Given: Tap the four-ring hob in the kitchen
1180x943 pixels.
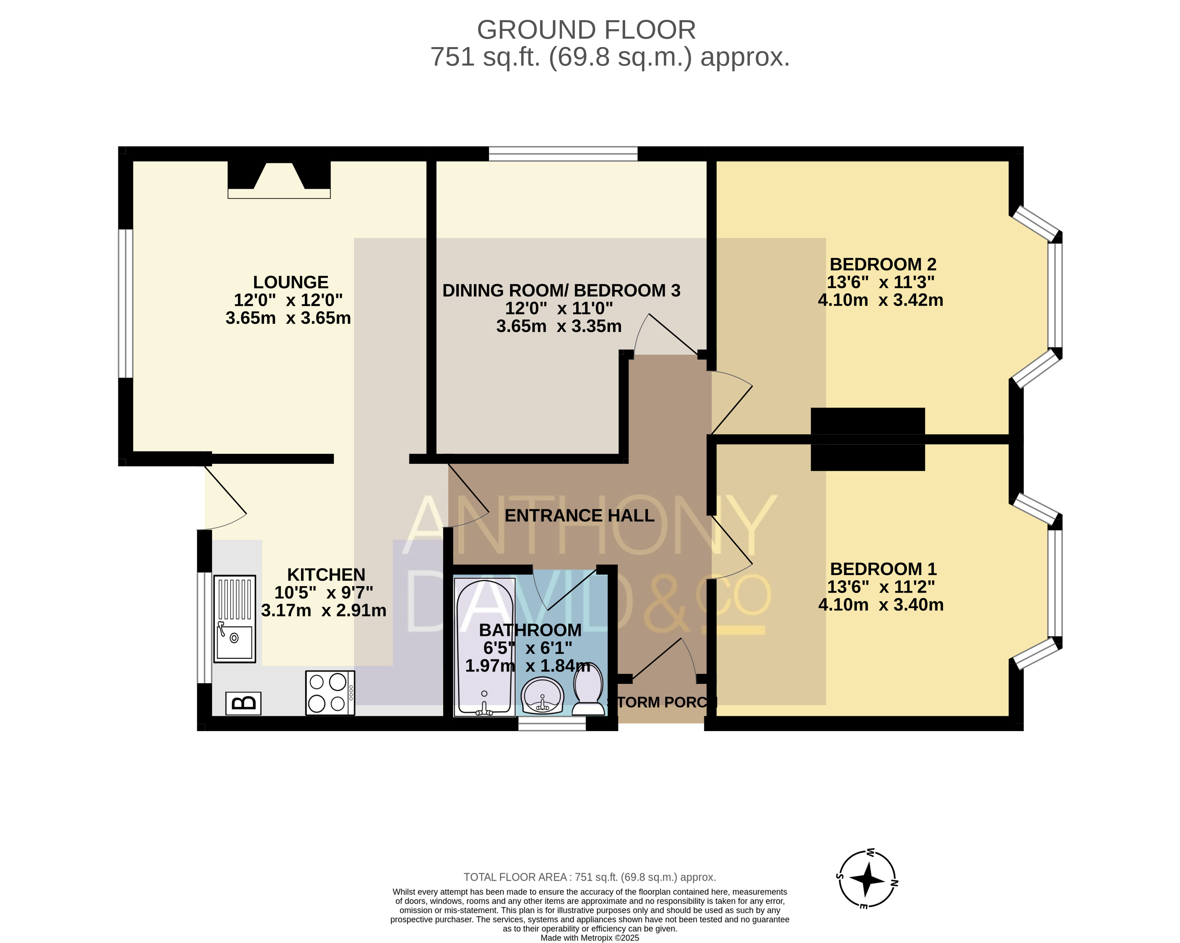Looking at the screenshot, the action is (330, 693).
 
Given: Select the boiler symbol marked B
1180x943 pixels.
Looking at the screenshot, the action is (243, 703).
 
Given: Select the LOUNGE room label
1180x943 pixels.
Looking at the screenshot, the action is (291, 282).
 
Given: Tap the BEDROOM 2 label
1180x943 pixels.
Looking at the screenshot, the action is (883, 264).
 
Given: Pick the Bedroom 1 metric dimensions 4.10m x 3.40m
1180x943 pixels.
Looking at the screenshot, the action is (881, 604).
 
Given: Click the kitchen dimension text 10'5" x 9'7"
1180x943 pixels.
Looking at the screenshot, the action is (323, 592).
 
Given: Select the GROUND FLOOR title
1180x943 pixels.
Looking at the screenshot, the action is (586, 30).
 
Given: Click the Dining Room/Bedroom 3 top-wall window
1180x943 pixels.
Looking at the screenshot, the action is (563, 154).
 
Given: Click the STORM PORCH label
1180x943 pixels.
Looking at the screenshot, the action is (662, 702).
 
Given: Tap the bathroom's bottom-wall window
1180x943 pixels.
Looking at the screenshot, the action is (552, 724).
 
